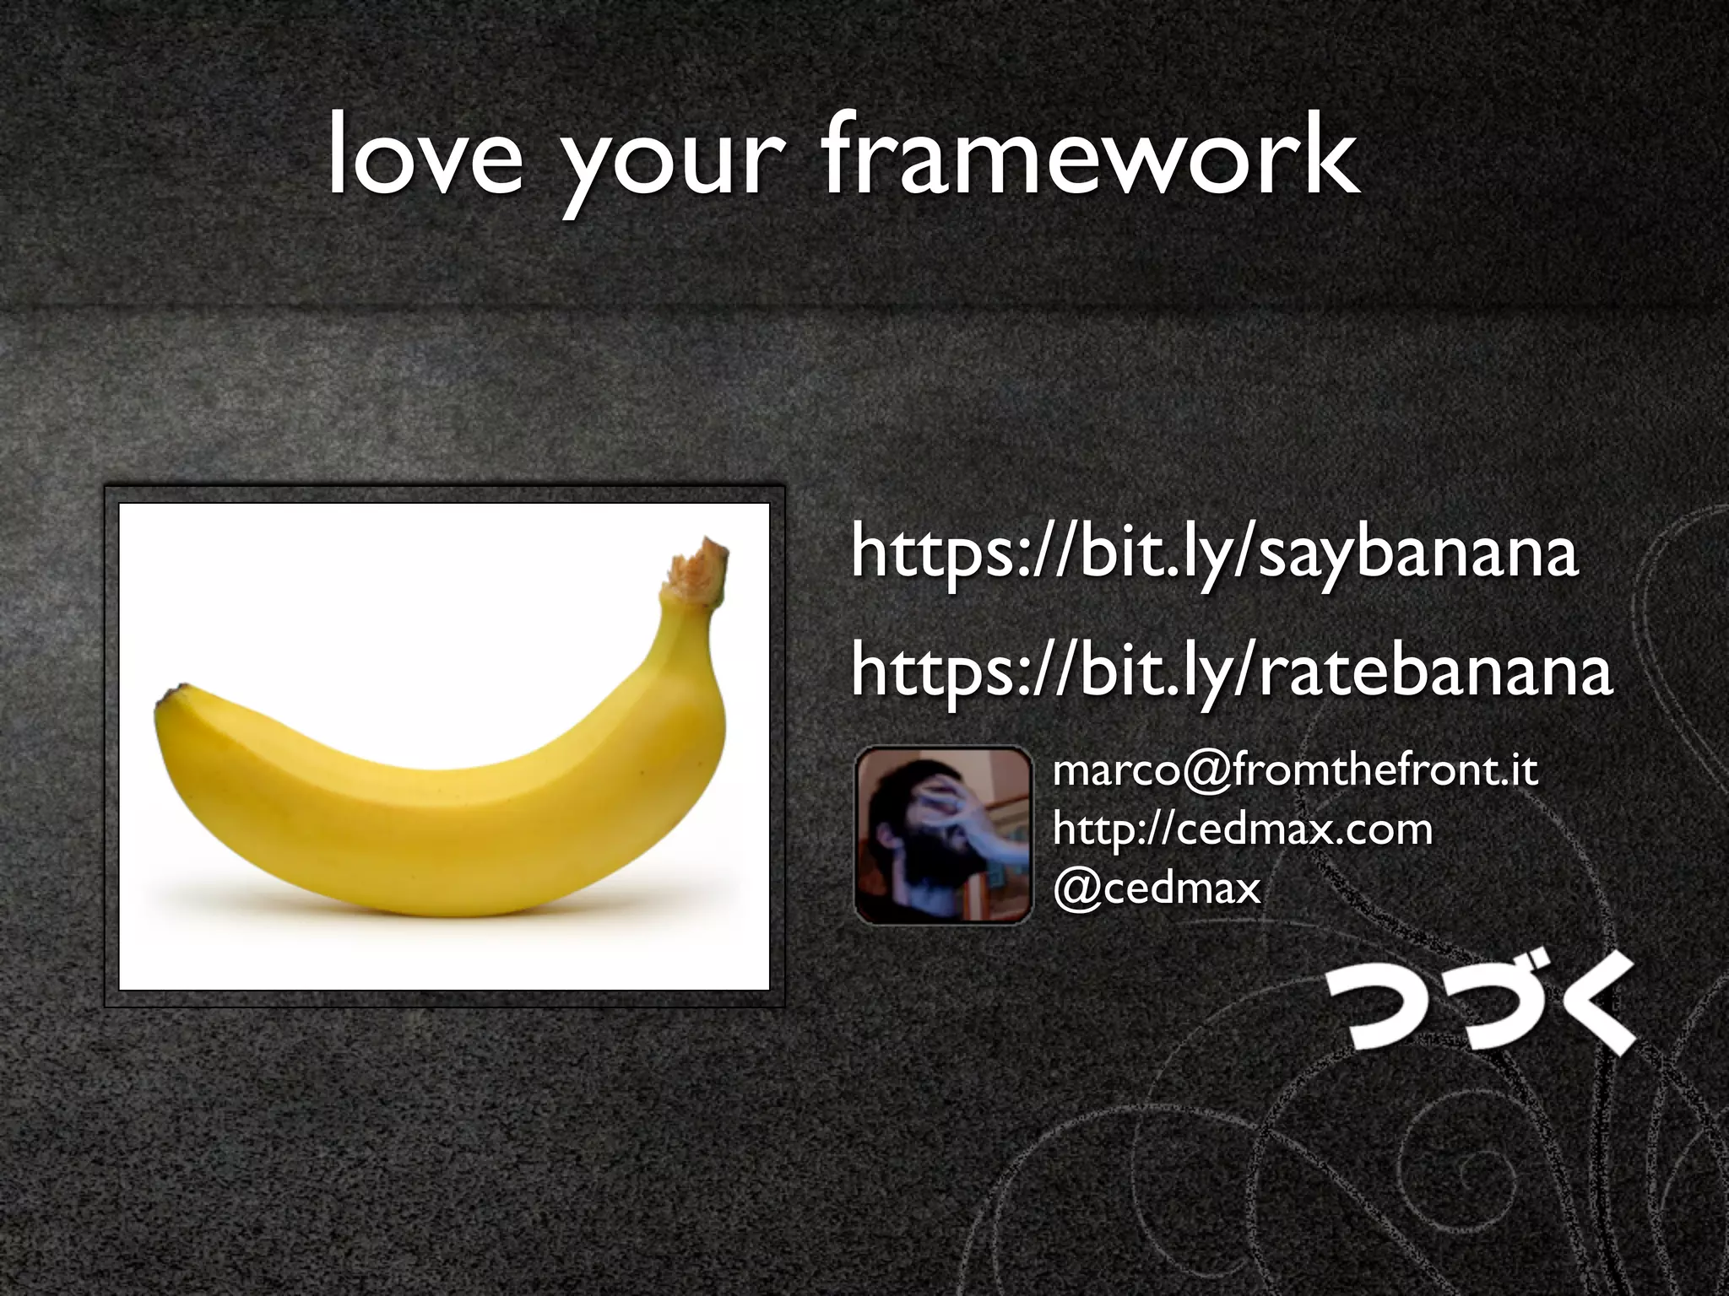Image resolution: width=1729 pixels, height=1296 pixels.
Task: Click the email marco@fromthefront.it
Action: [1295, 771]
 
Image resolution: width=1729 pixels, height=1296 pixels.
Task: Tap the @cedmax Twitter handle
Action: [1157, 888]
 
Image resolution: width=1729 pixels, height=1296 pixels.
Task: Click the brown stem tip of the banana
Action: [700, 569]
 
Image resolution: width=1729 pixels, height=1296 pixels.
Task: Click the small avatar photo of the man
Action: [943, 834]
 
